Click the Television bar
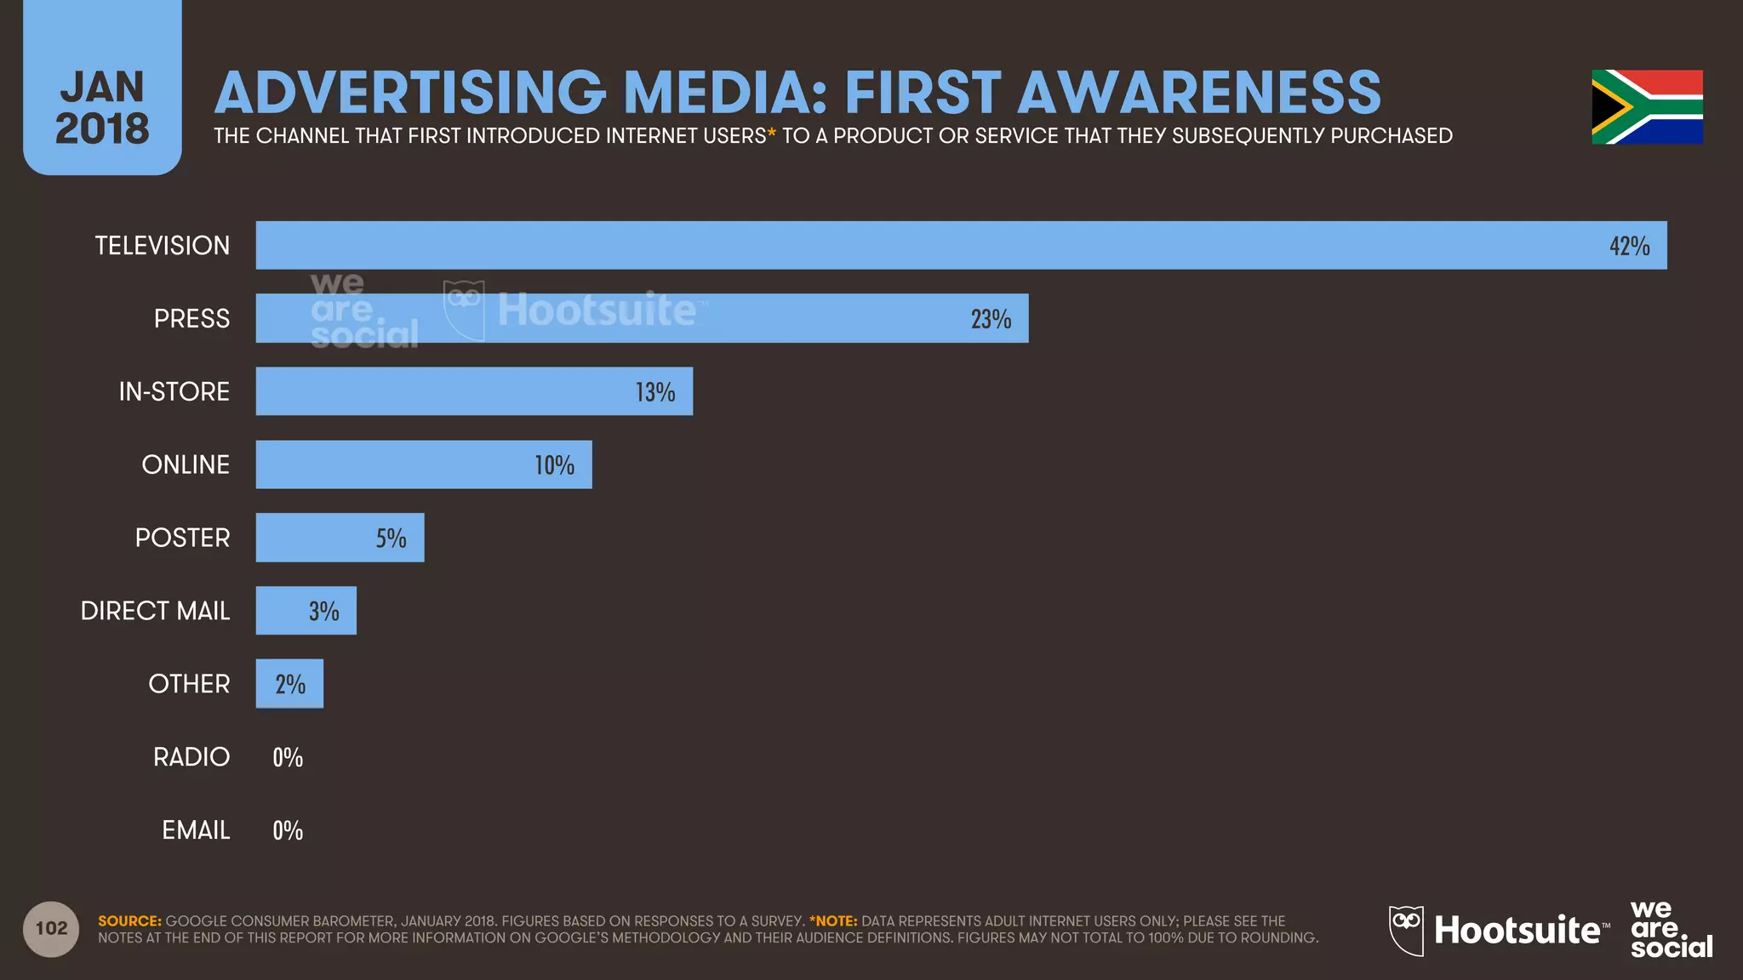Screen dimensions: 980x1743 pos(936,245)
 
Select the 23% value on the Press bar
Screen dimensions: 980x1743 pos(991,319)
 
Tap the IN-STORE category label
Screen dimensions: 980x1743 pos(174,391)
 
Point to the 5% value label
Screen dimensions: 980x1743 pos(391,538)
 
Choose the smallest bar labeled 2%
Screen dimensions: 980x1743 pos(289,683)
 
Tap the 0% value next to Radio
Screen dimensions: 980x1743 pos(288,757)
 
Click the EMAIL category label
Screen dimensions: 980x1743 pos(196,830)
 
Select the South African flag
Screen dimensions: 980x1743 pos(1647,107)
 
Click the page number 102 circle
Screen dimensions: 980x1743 pos(51,928)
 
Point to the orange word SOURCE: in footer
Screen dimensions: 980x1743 pos(129,921)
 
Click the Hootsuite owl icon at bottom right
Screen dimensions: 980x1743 pos(1406,930)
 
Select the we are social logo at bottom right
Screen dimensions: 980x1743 pos(1670,929)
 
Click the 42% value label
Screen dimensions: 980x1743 pos(1629,246)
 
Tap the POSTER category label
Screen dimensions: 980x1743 pos(182,538)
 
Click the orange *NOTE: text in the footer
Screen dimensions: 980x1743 pos(833,921)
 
